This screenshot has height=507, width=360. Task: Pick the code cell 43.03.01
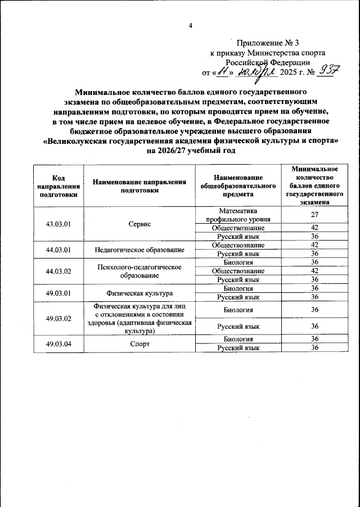pos(58,224)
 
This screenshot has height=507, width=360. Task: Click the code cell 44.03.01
pos(58,249)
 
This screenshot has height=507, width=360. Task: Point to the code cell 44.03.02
pos(58,271)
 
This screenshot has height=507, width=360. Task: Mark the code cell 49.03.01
pos(58,293)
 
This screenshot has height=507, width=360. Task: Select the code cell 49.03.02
pos(58,318)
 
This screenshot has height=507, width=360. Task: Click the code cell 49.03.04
pos(58,343)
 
